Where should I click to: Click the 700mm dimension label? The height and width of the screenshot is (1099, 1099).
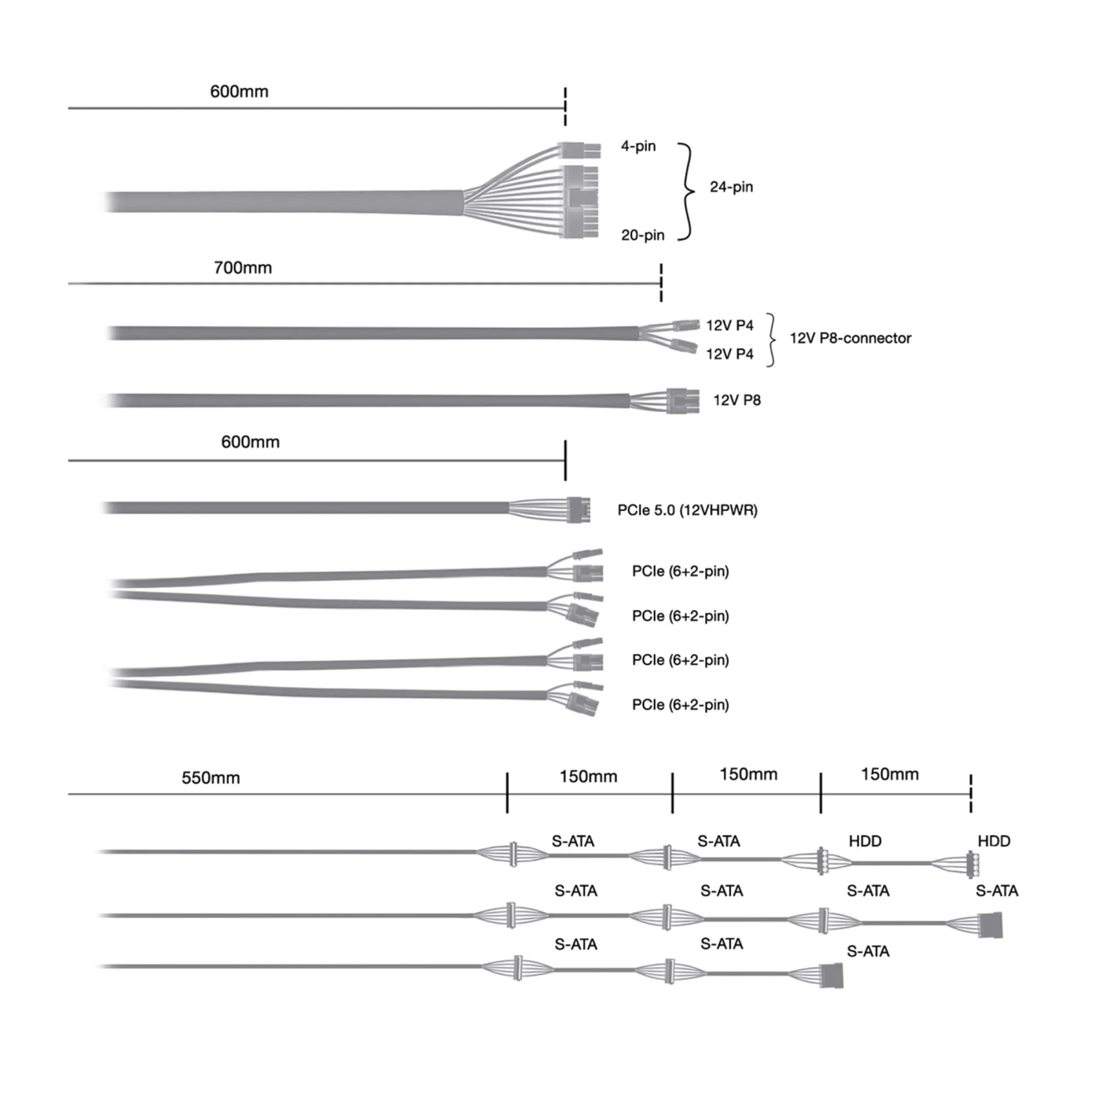click(x=243, y=268)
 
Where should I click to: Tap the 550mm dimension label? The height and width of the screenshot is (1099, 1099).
click(x=210, y=777)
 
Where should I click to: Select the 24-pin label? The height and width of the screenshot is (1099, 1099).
click(x=731, y=187)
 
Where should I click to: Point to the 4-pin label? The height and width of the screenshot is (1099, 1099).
click(x=638, y=146)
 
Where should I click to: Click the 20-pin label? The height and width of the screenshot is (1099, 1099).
click(x=643, y=235)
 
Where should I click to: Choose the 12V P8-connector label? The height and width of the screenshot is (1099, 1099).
click(x=850, y=338)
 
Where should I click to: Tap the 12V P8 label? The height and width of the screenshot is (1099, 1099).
click(x=737, y=400)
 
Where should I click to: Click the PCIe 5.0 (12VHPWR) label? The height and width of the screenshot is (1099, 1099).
click(x=687, y=510)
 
